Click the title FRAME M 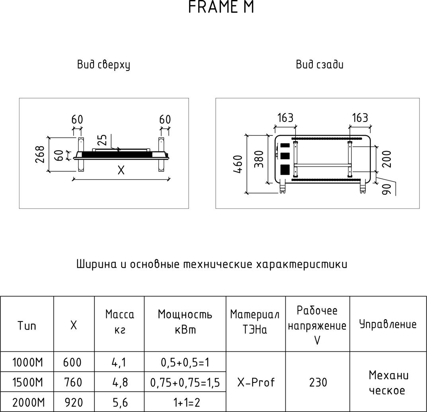tap(221, 8)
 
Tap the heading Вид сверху tap(103, 65)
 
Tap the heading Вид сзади tap(320, 65)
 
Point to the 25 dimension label tap(102, 140)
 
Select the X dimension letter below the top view tap(121, 171)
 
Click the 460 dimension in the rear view tap(238, 164)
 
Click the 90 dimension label tap(385, 189)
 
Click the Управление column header tap(388, 324)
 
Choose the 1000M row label tap(27, 363)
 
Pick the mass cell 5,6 tap(119, 402)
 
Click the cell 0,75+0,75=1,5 tap(185, 383)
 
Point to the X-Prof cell tap(256, 383)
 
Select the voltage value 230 tap(318, 383)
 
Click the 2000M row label tap(27, 402)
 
